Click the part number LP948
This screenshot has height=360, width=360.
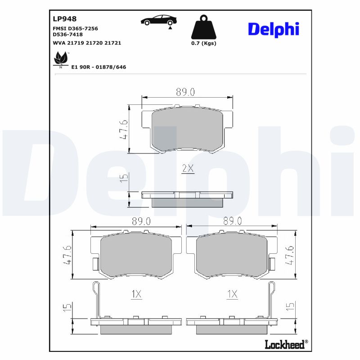pyautogui.click(x=65, y=19)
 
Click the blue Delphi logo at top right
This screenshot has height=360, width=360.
pyautogui.click(x=274, y=29)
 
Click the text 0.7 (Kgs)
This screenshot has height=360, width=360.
pyautogui.click(x=203, y=43)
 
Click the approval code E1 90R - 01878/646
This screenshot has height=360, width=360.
pyautogui.click(x=99, y=67)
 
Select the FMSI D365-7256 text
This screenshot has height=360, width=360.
pyautogui.click(x=75, y=28)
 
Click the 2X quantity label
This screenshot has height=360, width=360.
pyautogui.click(x=187, y=169)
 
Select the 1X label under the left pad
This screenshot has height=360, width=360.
pyautogui.click(x=136, y=294)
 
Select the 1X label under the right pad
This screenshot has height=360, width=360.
pyautogui.click(x=232, y=294)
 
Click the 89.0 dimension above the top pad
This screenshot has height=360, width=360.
pyautogui.click(x=185, y=92)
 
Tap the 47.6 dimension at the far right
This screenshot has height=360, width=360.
pyautogui.click(x=290, y=255)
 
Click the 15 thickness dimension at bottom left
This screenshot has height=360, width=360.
pyautogui.click(x=68, y=308)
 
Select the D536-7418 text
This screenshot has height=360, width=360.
pyautogui.click(x=67, y=34)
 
